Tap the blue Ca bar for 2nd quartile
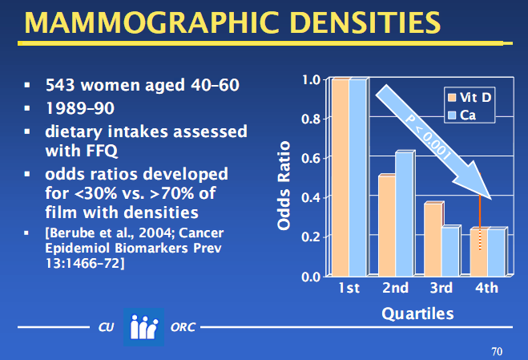(x=403, y=214)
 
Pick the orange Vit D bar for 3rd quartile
(x=433, y=241)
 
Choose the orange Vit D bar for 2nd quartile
(x=386, y=226)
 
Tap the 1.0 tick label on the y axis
(x=311, y=79)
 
